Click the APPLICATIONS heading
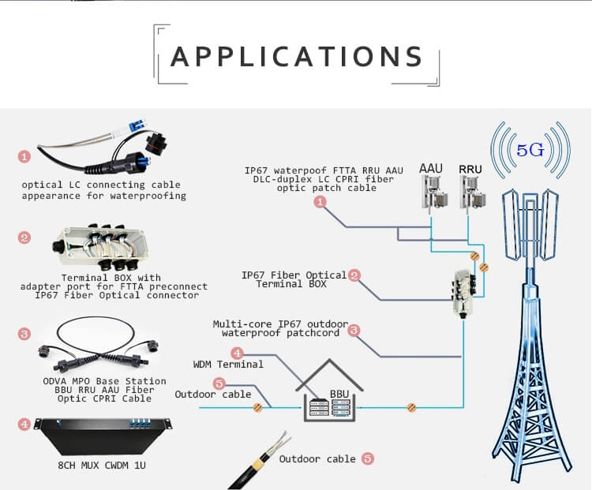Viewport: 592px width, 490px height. [x=297, y=57]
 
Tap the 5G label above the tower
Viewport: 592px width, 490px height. [x=530, y=150]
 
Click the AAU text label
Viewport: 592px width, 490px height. [x=431, y=169]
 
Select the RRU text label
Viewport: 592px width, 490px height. [x=470, y=169]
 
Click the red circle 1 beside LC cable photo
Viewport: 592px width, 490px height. [x=24, y=157]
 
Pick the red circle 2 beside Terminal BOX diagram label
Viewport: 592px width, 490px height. [x=355, y=275]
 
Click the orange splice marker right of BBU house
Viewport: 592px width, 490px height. [x=410, y=407]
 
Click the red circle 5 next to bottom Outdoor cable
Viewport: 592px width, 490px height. [x=367, y=458]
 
